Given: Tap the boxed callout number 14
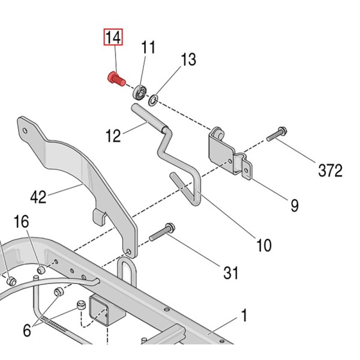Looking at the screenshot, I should coord(113,38).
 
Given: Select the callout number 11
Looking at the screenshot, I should coord(148,47).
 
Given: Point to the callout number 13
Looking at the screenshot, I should coord(188,59).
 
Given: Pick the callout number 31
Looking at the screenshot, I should coord(230,272).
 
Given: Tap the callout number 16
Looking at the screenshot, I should coord(21,222).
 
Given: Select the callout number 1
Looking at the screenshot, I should coord(244,314).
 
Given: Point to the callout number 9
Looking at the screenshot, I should coord(294,205).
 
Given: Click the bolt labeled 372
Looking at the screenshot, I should coord(276,134).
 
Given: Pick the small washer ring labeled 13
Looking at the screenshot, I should coord(154,97).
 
